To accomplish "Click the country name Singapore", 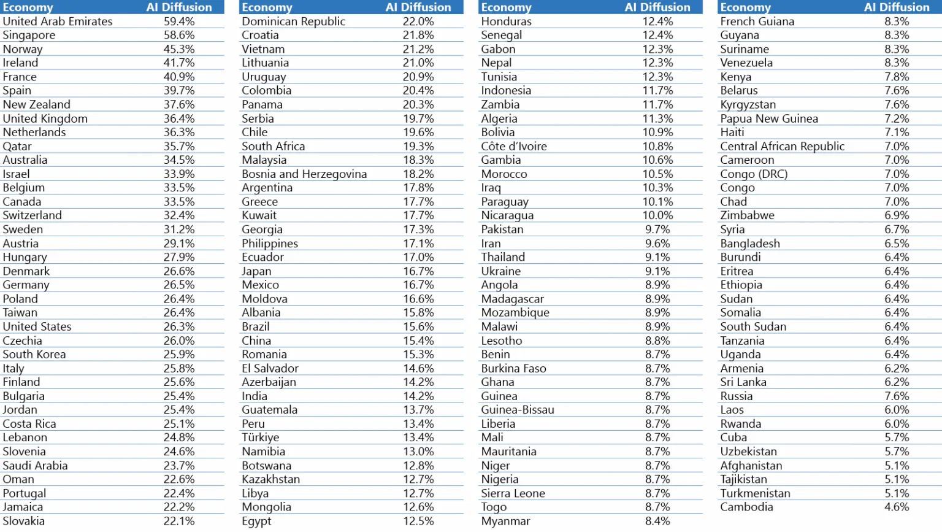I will tap(29, 35).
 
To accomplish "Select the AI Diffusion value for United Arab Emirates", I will tap(179, 21).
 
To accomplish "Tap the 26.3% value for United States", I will tap(179, 326).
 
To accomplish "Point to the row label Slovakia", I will tap(23, 521).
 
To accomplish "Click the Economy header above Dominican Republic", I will tap(267, 7).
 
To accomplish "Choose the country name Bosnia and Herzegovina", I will tap(304, 174).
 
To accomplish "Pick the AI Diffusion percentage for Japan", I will tap(418, 271).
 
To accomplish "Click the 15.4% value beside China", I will tap(418, 341).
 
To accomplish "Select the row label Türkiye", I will tap(260, 438).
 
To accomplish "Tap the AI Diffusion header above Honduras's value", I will tap(657, 7).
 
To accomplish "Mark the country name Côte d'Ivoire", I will tap(514, 146).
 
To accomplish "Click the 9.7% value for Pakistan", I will tap(657, 229).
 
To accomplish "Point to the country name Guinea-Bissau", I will tap(518, 410).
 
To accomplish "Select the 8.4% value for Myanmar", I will tap(657, 521).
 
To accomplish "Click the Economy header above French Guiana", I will tap(745, 7).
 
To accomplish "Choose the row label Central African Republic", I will tap(782, 146).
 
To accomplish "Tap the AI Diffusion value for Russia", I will tap(897, 396).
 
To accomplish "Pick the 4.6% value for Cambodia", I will tap(897, 507).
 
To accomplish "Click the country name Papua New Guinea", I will tap(769, 118).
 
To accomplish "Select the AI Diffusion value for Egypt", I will tap(418, 521).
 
